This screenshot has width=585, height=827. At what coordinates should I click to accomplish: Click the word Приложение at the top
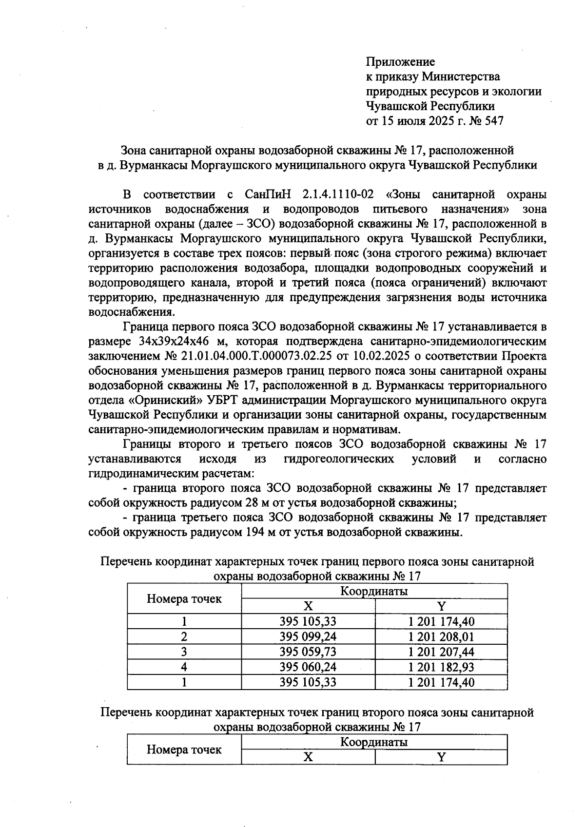point(400,62)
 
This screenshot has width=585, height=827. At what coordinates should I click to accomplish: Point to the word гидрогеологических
point(338,459)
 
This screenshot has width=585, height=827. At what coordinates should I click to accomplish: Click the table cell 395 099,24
point(308,636)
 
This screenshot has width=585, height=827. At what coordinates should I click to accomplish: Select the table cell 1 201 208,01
point(441,636)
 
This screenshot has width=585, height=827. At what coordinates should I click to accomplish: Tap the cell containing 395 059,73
point(308,652)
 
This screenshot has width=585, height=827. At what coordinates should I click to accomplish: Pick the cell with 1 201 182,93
point(441,667)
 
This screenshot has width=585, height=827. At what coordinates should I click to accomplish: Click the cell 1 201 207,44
point(441,652)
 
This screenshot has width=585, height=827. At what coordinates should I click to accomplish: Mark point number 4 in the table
point(184,667)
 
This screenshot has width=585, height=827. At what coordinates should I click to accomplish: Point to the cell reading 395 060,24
point(308,667)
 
